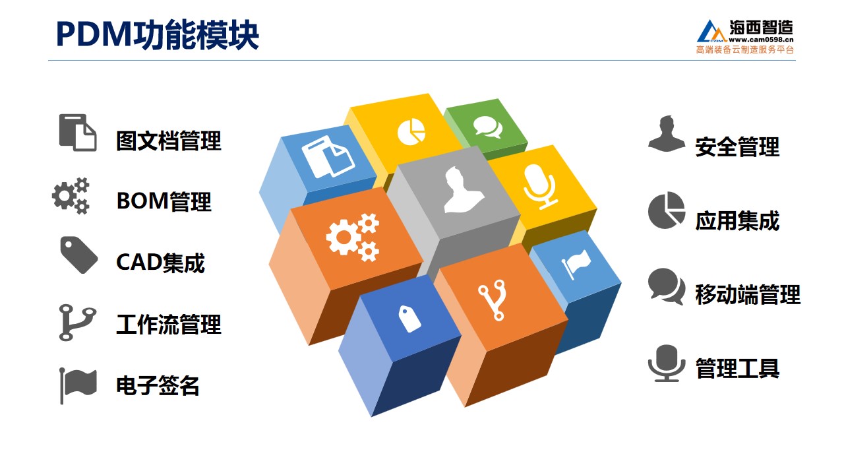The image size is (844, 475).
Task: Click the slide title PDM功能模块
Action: [x=158, y=35]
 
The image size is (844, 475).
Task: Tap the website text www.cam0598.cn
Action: [x=761, y=40]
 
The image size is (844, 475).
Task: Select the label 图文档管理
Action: [x=168, y=141]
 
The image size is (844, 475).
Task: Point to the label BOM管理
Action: [x=164, y=201]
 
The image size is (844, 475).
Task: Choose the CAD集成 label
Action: [x=160, y=263]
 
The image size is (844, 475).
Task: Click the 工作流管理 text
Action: [x=168, y=324]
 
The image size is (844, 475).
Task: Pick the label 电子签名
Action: [x=158, y=385]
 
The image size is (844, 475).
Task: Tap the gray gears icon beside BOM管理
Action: [x=71, y=196]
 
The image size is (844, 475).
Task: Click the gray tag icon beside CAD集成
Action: [x=78, y=255]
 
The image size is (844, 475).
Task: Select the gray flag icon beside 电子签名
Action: [x=78, y=386]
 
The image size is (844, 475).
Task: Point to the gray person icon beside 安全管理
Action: [x=667, y=133]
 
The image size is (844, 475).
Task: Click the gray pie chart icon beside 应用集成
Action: [x=667, y=210]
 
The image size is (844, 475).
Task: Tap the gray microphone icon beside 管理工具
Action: [x=667, y=363]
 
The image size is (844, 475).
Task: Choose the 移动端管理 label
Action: [x=748, y=294]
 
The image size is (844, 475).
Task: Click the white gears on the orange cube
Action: [x=353, y=237]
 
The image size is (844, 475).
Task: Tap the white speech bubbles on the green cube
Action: [x=488, y=127]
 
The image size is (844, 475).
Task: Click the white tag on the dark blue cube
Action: [x=409, y=319]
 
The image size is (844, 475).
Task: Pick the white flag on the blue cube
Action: [x=576, y=264]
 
